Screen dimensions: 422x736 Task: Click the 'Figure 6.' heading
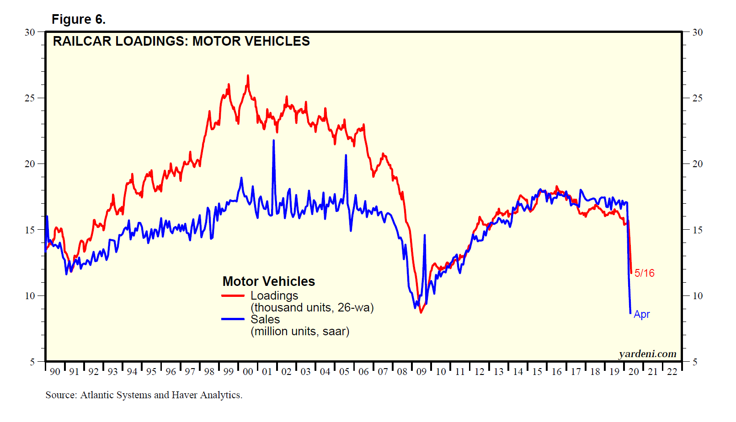[78, 19]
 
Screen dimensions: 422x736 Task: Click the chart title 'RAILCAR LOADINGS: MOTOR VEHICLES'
[181, 41]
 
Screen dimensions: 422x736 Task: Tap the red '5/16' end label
[644, 273]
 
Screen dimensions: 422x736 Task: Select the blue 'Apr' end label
[641, 314]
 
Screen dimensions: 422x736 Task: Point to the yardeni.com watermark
[647, 354]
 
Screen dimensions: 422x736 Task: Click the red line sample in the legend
[233, 296]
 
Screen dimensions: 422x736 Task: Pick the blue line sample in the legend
[233, 319]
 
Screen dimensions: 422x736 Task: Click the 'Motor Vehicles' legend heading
[268, 281]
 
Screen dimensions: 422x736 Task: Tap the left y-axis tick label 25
[30, 98]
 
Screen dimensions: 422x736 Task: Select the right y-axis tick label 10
[697, 296]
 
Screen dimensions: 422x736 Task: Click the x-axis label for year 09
[421, 372]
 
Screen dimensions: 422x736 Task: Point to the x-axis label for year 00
[248, 372]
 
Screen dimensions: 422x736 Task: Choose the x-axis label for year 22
[672, 372]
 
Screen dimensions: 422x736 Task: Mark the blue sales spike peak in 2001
[274, 141]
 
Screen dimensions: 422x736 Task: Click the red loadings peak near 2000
[248, 76]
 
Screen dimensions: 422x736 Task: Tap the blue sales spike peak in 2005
[346, 156]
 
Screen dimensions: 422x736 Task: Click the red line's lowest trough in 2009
[421, 312]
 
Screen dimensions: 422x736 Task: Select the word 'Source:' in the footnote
[61, 395]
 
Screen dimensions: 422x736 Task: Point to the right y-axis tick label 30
[697, 32]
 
